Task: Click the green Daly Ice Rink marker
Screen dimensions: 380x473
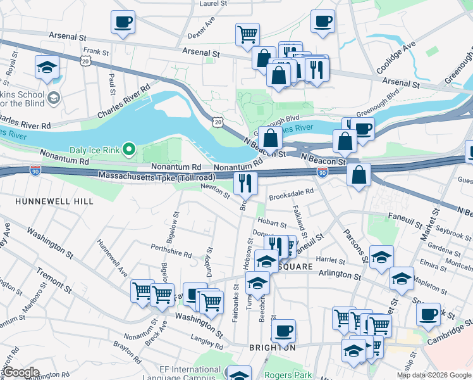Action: pos(129,149)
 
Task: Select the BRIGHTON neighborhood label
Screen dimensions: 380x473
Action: pos(271,348)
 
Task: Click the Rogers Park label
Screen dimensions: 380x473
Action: pos(288,375)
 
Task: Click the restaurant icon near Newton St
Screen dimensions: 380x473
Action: pos(244,183)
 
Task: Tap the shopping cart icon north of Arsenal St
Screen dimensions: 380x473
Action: pos(247,34)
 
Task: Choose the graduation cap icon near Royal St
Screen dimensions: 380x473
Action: pos(47,67)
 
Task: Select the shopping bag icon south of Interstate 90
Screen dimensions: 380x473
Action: pos(359,175)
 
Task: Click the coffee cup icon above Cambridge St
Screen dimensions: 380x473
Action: pos(429,314)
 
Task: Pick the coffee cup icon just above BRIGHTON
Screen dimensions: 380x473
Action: pos(284,329)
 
